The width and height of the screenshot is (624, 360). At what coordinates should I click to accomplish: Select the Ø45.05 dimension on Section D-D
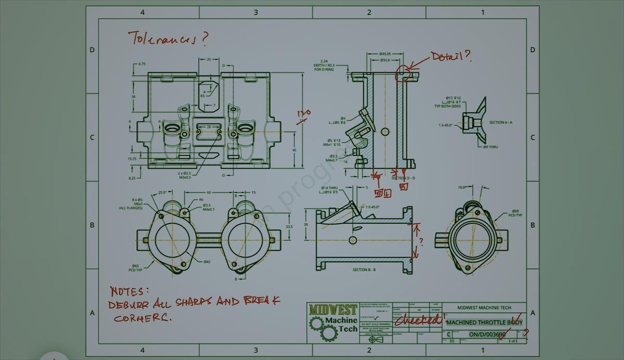click(x=385, y=54)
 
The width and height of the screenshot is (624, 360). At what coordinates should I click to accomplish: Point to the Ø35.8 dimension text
click(x=385, y=60)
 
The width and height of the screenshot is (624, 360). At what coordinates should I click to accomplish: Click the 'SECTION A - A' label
click(x=500, y=122)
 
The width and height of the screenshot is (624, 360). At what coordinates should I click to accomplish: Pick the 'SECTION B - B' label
click(x=364, y=269)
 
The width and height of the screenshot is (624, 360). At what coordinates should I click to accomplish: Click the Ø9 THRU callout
click(x=490, y=147)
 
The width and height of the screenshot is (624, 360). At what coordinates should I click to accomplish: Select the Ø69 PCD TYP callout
click(x=515, y=213)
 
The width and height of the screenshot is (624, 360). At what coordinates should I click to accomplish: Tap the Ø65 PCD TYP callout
click(x=135, y=267)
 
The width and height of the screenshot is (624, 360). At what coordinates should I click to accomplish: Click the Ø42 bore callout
click(x=206, y=261)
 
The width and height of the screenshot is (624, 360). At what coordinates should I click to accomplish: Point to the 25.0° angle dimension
click(x=162, y=192)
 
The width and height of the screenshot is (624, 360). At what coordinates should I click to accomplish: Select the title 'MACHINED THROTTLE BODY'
click(x=484, y=323)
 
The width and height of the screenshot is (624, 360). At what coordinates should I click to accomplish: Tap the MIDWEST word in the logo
click(x=333, y=310)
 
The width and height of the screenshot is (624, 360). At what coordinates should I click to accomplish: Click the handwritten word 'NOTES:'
click(x=129, y=291)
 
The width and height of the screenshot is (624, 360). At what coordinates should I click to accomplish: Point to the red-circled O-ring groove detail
click(x=403, y=74)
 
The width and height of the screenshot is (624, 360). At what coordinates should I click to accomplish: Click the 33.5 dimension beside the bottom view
click(x=289, y=226)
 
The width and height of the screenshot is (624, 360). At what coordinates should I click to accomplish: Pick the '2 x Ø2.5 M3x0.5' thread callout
click(x=185, y=175)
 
